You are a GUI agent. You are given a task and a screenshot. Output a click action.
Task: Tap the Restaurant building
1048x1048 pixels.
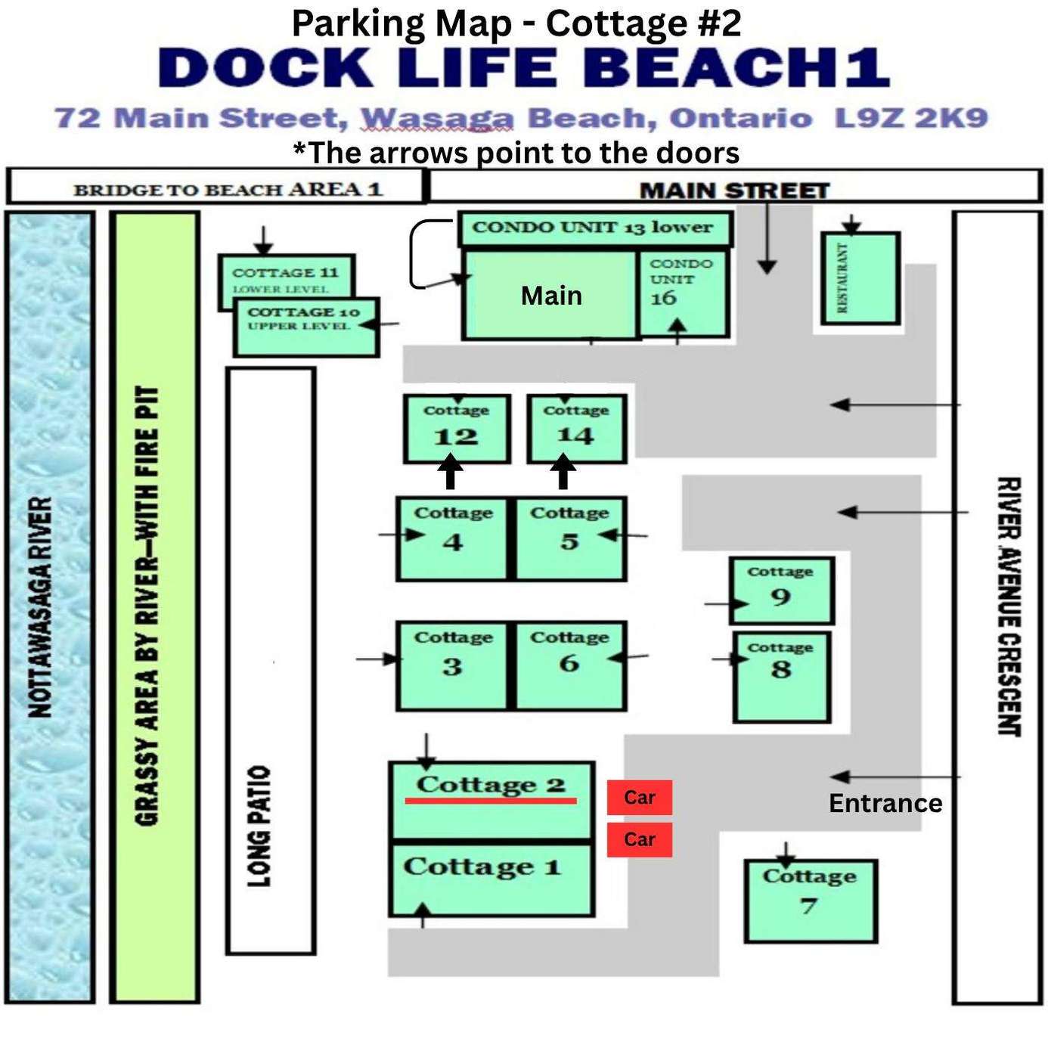[x=860, y=278]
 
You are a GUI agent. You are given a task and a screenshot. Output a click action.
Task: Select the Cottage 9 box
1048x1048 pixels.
[x=782, y=591]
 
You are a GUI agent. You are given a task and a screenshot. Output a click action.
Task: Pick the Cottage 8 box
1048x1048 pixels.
[x=782, y=677]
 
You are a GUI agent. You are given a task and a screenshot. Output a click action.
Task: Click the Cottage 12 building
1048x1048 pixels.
[x=457, y=429]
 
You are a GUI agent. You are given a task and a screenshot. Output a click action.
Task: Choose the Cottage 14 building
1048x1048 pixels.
[x=576, y=429]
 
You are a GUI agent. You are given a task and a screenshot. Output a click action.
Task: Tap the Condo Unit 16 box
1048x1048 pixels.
[x=683, y=293]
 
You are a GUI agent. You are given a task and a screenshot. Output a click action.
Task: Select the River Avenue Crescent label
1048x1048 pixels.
[x=1009, y=607]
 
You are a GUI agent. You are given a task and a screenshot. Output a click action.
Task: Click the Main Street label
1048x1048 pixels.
[x=734, y=191]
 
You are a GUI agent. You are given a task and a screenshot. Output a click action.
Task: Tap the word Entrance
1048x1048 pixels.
[x=885, y=803]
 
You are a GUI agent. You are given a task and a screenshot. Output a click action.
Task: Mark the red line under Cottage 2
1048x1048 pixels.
[x=491, y=801]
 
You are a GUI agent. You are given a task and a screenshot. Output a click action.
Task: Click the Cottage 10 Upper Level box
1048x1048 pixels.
[x=306, y=327]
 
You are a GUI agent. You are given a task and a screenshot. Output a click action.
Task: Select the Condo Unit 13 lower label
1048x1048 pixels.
[x=592, y=227]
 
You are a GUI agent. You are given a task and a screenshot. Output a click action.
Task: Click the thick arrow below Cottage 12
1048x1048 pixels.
[x=451, y=472]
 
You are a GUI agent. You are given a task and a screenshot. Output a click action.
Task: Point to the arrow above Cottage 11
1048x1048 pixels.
[x=263, y=240]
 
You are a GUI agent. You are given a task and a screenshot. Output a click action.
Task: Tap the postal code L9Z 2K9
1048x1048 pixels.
[x=911, y=118]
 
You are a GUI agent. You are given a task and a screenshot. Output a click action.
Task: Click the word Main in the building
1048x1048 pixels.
[x=551, y=296]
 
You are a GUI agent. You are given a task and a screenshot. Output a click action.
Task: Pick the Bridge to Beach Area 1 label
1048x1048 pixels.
[x=228, y=190]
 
